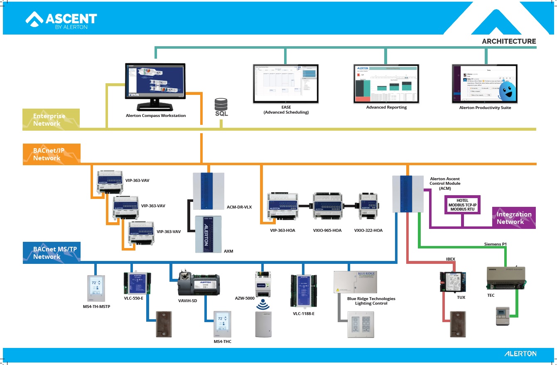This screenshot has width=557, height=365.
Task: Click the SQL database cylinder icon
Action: click(221, 104)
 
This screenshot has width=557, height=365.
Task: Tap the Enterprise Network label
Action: click(47, 120)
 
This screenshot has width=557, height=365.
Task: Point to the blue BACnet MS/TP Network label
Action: click(49, 253)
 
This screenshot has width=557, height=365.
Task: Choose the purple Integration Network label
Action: click(514, 218)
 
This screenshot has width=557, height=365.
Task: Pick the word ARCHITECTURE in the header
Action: click(509, 41)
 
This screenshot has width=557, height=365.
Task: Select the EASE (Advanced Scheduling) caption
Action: click(286, 110)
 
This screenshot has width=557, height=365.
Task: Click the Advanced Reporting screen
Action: click(386, 83)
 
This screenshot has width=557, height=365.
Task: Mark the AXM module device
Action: click(208, 234)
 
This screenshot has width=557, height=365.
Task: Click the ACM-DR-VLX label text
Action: click(239, 207)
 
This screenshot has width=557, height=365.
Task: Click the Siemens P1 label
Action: click(496, 244)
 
